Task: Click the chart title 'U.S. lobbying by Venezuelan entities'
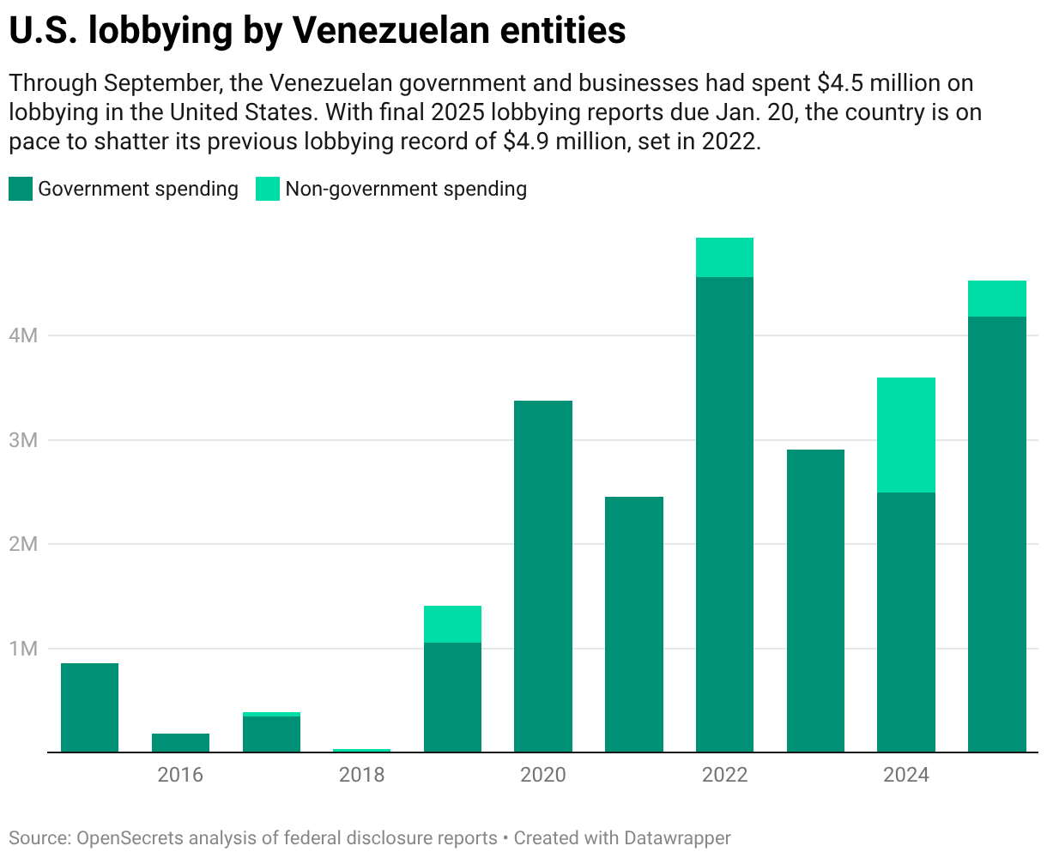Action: click(318, 31)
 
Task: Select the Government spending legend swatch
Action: click(21, 189)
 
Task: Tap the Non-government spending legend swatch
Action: click(268, 189)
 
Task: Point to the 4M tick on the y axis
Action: click(24, 335)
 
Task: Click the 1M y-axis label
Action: click(24, 649)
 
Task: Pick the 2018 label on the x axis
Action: click(362, 776)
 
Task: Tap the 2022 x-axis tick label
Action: click(725, 776)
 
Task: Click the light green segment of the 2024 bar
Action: click(906, 434)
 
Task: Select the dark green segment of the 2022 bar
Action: click(725, 515)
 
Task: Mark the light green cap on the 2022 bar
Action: click(725, 257)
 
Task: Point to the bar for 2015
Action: click(90, 708)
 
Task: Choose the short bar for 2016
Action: click(180, 743)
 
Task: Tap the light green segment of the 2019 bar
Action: click(453, 624)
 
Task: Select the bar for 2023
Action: click(815, 601)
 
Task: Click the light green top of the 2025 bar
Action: click(997, 299)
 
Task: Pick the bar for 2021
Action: click(634, 625)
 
